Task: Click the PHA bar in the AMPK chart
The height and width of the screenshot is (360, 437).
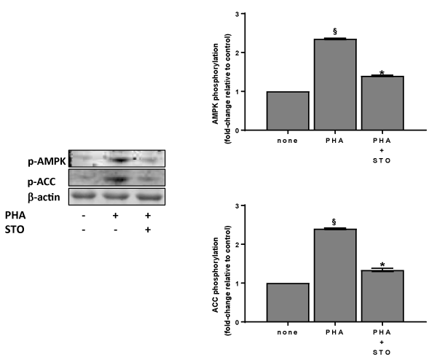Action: click(x=335, y=85)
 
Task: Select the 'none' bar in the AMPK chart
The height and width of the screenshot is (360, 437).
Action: click(x=288, y=111)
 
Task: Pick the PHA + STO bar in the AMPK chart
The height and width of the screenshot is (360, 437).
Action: click(x=382, y=103)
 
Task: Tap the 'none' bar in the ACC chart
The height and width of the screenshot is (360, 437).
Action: click(x=288, y=302)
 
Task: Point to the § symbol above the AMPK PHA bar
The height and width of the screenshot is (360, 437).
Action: click(x=335, y=31)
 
